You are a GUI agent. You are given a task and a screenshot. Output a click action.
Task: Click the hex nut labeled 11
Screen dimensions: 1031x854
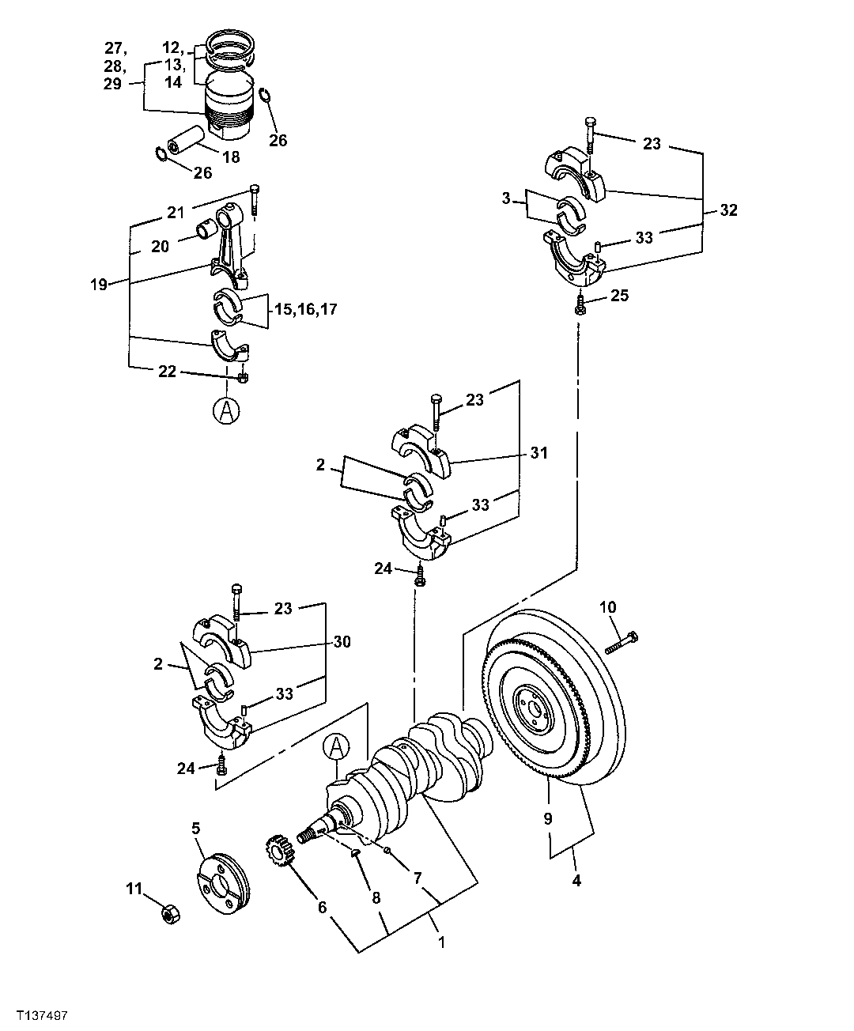(x=168, y=914)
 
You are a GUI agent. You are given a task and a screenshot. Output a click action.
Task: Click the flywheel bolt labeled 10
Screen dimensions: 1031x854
(x=622, y=642)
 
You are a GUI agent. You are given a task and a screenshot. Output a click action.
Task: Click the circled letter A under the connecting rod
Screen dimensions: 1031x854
(x=226, y=411)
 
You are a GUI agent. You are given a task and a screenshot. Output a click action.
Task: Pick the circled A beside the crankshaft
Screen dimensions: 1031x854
(x=336, y=746)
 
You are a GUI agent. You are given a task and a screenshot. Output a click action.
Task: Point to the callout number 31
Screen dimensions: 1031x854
(x=539, y=453)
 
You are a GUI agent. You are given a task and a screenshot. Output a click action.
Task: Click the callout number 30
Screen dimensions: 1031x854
(x=342, y=641)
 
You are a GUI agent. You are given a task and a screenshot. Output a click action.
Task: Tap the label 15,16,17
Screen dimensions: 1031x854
(x=305, y=309)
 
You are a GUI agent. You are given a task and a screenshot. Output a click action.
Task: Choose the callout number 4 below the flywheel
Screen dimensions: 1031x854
(x=576, y=879)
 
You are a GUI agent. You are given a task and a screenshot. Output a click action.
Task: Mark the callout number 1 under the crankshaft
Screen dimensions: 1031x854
(x=441, y=942)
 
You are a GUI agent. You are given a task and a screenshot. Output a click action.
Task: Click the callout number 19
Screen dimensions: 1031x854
(x=98, y=285)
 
